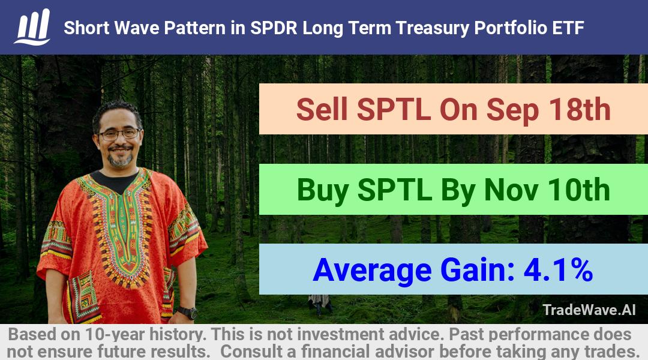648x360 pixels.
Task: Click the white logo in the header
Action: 32,27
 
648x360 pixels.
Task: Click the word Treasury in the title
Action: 432,28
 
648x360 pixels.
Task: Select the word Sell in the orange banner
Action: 322,110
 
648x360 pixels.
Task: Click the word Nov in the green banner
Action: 511,190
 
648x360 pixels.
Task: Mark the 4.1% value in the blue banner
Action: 558,270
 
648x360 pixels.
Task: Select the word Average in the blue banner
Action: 372,271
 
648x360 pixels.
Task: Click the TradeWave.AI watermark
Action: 589,310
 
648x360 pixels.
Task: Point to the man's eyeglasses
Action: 119,134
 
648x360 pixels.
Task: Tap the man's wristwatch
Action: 188,313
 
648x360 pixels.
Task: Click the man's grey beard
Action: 120,159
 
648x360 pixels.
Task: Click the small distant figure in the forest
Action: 319,304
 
